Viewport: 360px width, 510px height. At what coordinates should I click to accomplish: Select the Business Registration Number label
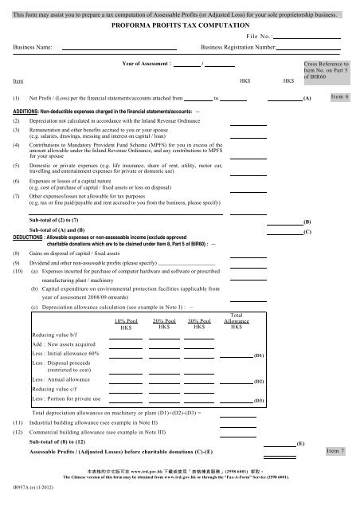(237, 48)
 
